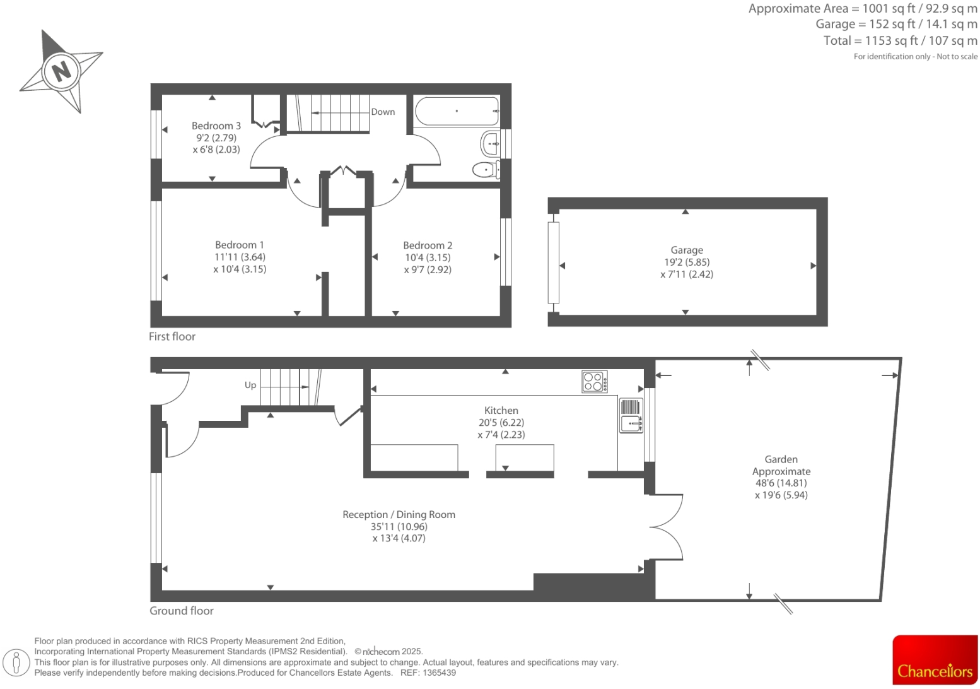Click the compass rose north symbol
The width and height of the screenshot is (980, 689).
pyautogui.click(x=61, y=71)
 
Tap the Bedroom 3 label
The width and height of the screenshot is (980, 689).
pyautogui.click(x=216, y=126)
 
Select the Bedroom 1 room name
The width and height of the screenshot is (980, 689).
pyautogui.click(x=240, y=245)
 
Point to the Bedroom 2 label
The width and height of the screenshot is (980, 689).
pyautogui.click(x=428, y=245)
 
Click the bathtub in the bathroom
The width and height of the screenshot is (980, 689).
pyautogui.click(x=457, y=111)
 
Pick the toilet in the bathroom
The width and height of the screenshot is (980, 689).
pyautogui.click(x=486, y=169)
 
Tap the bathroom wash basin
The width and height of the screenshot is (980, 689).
pyautogui.click(x=491, y=144)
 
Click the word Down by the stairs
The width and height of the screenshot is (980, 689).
pyautogui.click(x=383, y=112)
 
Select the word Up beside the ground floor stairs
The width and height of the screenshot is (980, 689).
pyautogui.click(x=250, y=385)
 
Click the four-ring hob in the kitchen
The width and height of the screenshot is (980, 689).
pyautogui.click(x=594, y=382)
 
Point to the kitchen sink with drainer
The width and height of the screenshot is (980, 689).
pyautogui.click(x=631, y=416)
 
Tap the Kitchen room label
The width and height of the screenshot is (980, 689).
pyautogui.click(x=501, y=410)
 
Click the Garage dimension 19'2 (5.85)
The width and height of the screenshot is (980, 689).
pyautogui.click(x=687, y=262)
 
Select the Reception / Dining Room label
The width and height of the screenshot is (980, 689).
pyautogui.click(x=399, y=514)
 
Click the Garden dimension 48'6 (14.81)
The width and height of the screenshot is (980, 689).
pyautogui.click(x=781, y=483)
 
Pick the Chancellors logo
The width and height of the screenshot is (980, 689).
pyautogui.click(x=935, y=659)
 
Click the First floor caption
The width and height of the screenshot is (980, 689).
pyautogui.click(x=172, y=336)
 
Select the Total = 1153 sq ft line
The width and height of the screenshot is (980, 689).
pyautogui.click(x=900, y=40)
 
